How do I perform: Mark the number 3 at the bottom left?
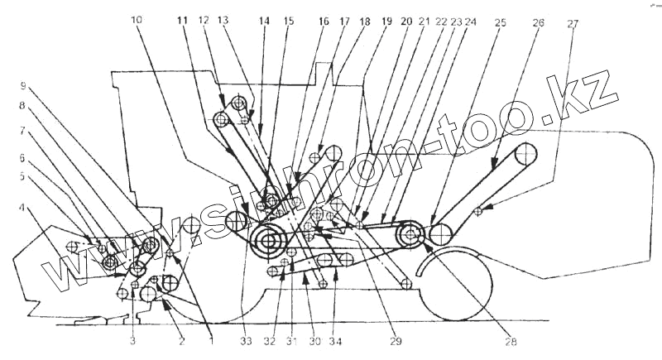coord(132,339)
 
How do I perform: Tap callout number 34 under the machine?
coord(335,339)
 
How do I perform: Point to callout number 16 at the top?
coord(324,22)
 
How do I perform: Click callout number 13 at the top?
coord(223,18)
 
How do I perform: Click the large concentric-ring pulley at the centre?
coord(268,242)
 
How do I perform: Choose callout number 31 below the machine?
coord(290,339)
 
